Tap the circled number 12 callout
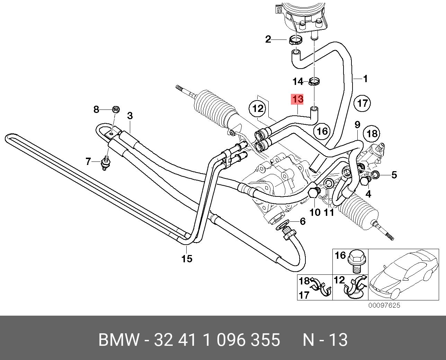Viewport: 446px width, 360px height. click(x=258, y=109)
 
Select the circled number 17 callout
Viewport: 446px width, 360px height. click(x=362, y=103)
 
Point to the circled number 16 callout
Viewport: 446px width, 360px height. click(x=322, y=131)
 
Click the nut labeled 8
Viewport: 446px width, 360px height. click(x=116, y=110)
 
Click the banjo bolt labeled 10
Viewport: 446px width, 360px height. click(x=313, y=193)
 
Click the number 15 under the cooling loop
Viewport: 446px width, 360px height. click(x=187, y=258)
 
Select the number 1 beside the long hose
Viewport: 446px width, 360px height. click(x=365, y=79)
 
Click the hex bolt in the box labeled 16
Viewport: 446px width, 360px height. click(x=355, y=260)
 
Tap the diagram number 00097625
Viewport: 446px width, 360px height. click(x=384, y=305)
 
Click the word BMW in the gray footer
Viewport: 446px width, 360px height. click(x=119, y=340)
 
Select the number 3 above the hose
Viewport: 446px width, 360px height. click(x=130, y=115)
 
